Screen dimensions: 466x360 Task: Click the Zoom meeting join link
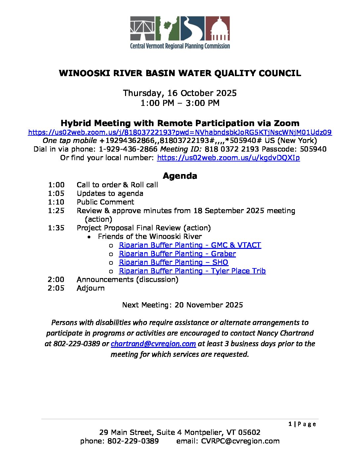180,132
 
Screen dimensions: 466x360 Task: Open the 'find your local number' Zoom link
228,158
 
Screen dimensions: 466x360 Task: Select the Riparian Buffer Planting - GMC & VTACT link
190,245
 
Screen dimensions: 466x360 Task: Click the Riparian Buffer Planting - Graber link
177,254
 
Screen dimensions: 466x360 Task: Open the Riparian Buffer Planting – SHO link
173,262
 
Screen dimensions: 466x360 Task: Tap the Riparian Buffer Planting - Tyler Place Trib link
192,271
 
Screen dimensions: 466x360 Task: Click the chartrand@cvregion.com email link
153,344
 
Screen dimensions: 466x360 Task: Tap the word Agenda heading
180,176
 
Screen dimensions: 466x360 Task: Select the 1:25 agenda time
56,211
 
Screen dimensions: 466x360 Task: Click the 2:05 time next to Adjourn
56,288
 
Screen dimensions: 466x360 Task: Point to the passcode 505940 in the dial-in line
313,149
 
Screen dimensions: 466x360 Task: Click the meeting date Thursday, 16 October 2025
180,93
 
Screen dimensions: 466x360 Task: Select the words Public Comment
105,202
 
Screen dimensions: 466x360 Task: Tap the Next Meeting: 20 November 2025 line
182,305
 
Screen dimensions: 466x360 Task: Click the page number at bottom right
290,424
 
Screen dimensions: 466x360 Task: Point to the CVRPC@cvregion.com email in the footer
240,441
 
